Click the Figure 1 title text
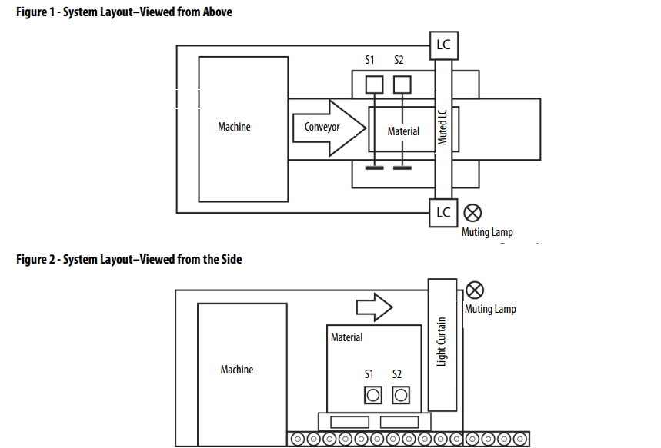[124, 12]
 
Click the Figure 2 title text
[129, 260]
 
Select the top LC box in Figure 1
[444, 45]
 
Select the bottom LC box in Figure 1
[444, 212]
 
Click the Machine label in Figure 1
[234, 127]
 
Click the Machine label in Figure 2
[236, 370]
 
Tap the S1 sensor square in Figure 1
[374, 83]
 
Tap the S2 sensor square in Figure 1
[402, 83]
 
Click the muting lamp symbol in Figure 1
[473, 212]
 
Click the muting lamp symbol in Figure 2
[475, 290]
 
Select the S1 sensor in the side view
[372, 395]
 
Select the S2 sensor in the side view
[401, 395]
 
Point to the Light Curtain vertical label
[442, 342]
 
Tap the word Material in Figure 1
[403, 131]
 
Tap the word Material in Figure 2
[346, 337]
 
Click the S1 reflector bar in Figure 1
[375, 166]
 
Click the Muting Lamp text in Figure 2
[491, 309]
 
